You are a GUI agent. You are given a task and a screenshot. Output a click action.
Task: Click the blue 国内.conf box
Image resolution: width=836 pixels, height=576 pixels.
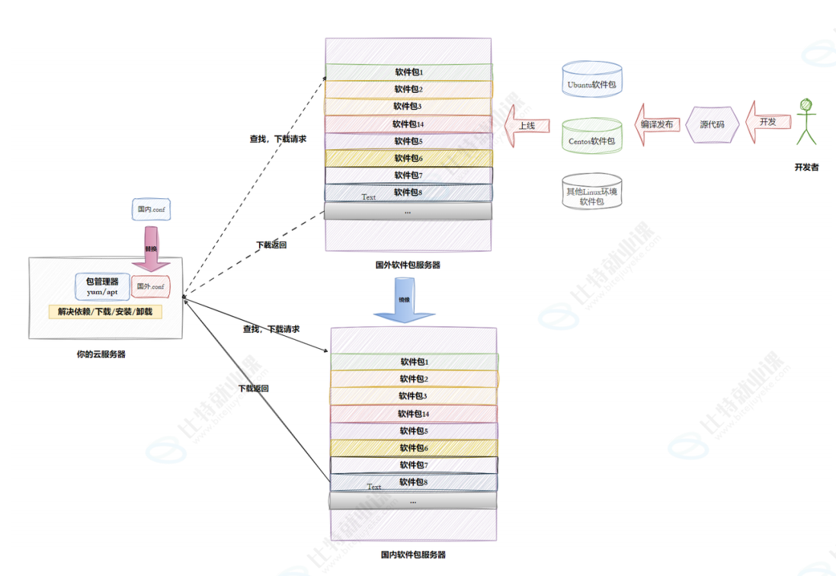coord(150,210)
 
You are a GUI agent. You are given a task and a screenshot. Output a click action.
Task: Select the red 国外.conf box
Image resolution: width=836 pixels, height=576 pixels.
coord(150,286)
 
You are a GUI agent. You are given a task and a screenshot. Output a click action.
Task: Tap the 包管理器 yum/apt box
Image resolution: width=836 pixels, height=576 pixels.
coord(102,286)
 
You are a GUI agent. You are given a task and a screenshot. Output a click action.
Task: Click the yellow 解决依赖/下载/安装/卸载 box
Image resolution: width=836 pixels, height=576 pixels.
coord(105,312)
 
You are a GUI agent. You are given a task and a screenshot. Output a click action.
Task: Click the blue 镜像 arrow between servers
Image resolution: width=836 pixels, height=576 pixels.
coord(404,299)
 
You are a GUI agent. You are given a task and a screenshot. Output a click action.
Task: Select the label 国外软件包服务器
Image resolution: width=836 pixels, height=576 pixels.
coord(408,265)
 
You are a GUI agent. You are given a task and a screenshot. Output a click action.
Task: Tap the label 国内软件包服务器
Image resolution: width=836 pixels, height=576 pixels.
coord(413,555)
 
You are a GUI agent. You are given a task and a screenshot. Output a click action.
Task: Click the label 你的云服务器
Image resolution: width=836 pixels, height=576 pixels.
coord(101,354)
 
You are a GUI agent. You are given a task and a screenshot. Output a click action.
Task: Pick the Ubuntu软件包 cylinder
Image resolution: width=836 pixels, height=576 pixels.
coord(591,80)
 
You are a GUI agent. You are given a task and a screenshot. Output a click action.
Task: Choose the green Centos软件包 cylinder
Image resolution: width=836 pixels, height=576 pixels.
coord(591,136)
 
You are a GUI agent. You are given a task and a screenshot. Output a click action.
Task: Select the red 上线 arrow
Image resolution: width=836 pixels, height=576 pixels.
coord(528,125)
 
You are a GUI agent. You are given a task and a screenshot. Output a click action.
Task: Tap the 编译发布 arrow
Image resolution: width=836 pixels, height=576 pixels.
coord(655,124)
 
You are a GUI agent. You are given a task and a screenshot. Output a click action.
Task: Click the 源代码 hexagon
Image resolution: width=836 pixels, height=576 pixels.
coord(712,124)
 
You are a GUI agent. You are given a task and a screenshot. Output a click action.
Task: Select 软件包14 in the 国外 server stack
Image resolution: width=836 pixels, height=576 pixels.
coord(408,124)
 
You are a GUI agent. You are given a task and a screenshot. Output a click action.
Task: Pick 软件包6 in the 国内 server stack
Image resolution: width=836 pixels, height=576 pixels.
coord(414,448)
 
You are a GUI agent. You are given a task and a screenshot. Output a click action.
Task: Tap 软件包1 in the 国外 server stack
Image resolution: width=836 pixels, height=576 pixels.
coord(408,72)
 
